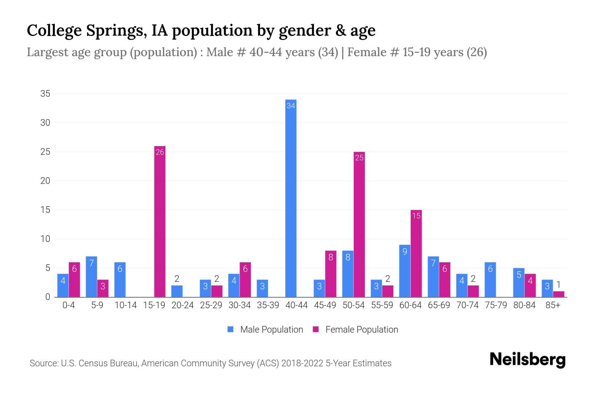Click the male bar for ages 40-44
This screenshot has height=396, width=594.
[x=291, y=198]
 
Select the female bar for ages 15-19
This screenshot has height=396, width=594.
[x=160, y=221]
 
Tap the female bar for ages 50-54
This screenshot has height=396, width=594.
[x=359, y=224]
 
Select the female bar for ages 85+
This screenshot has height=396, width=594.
[x=558, y=294]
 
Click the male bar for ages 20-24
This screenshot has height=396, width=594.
[x=177, y=291]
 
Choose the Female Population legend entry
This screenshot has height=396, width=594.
[x=355, y=329]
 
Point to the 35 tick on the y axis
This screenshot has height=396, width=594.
[x=45, y=94]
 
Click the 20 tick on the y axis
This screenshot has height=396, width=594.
[x=45, y=181]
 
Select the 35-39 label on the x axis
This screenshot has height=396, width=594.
[x=268, y=305]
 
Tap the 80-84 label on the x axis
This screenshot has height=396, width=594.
[x=524, y=305]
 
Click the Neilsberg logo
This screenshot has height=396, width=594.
[x=527, y=360]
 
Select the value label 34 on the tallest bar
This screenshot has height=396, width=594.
[x=291, y=106]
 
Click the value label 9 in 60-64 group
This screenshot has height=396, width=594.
[x=405, y=251]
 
